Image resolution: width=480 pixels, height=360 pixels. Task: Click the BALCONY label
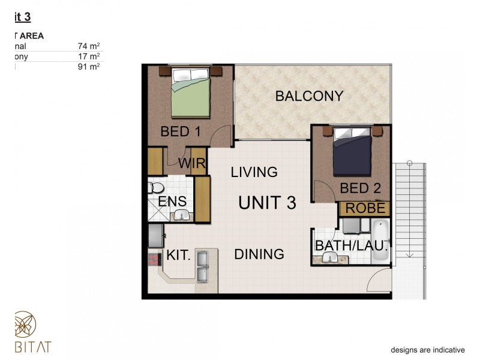309,96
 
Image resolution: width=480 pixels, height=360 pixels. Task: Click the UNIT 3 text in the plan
267,203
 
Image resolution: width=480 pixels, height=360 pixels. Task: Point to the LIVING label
254,173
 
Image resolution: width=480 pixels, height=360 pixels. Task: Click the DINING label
259,254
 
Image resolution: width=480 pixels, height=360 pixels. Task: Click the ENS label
172,201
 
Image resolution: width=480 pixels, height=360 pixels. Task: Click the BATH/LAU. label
352,245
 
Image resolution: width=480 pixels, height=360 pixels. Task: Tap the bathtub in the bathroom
380,240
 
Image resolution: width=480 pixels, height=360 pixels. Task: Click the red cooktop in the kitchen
154,260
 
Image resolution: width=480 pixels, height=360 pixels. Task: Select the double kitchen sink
202,266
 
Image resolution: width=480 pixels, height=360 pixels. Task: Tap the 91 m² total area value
88,67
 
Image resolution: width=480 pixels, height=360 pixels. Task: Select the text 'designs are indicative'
428,350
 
